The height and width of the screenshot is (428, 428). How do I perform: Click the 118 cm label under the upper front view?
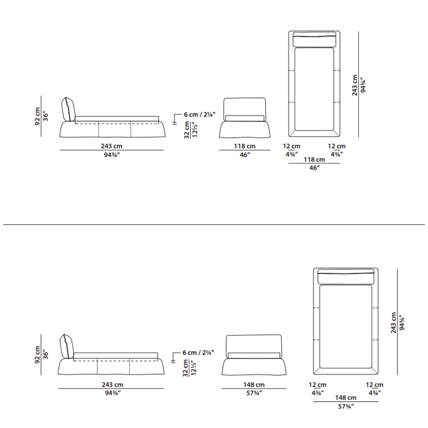point(245,146)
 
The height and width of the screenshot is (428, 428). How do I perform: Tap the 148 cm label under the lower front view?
point(254,385)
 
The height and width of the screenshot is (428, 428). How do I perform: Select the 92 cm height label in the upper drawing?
point(37,116)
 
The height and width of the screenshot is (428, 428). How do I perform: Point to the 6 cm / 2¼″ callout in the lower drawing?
point(199,352)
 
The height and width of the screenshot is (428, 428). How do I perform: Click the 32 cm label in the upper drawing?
point(186,130)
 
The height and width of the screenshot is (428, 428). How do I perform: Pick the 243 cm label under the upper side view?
point(112,146)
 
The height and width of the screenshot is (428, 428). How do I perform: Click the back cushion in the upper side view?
point(68,109)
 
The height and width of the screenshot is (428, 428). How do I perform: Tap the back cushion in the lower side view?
point(67,346)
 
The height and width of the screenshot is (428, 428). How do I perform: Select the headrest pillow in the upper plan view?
point(314,39)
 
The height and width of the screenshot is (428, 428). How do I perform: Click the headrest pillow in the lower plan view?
point(346,276)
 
